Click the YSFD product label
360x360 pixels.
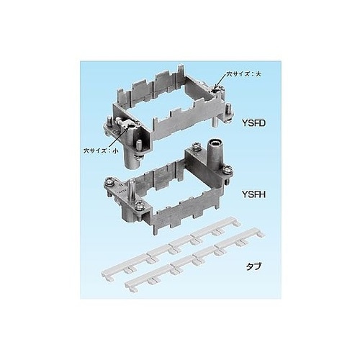pyautogui.click(x=253, y=123)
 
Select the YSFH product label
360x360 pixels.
pyautogui.click(x=253, y=194)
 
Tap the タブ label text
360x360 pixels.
pyautogui.click(x=253, y=266)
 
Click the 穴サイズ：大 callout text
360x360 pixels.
pyautogui.click(x=243, y=74)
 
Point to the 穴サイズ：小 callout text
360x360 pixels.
pyautogui.click(x=101, y=151)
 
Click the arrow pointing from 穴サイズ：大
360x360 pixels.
pyautogui.click(x=220, y=81)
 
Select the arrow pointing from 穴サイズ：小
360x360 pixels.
pyautogui.click(x=118, y=138)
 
